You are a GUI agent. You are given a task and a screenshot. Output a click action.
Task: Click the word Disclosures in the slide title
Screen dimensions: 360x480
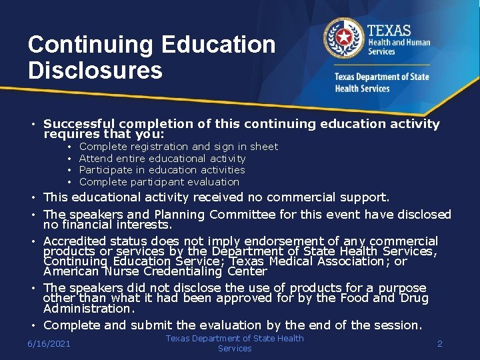pos(95,70)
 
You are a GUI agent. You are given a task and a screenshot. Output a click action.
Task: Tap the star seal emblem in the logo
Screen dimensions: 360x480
pos(344,38)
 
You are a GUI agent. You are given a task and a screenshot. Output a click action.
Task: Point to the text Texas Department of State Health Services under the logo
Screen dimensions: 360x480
pos(381,82)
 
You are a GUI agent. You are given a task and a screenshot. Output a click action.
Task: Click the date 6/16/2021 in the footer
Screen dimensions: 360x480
pos(49,343)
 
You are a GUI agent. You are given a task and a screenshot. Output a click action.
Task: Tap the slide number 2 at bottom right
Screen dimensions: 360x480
pos(439,343)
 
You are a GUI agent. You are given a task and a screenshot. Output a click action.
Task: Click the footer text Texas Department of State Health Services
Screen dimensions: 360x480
pos(235,343)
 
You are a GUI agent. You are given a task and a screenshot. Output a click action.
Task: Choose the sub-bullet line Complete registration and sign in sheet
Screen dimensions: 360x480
pos(178,147)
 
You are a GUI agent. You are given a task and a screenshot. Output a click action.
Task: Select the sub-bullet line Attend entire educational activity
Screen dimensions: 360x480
pos(162,159)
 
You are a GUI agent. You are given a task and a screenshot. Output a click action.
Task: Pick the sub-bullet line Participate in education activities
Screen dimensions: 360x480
pos(162,170)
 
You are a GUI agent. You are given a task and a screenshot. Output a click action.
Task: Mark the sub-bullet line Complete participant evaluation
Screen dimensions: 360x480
pos(159,181)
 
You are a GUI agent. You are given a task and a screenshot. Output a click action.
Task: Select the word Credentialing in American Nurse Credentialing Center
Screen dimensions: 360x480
pos(186,271)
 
